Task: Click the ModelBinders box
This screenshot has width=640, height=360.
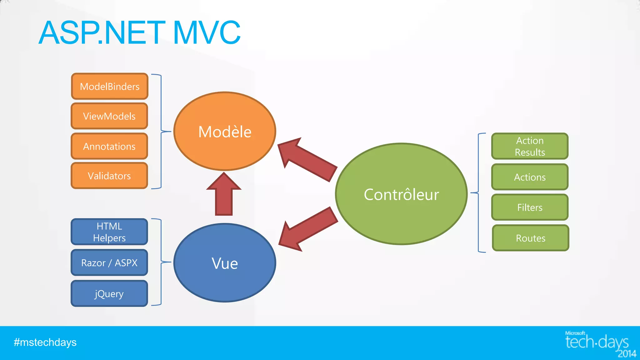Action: [109, 86]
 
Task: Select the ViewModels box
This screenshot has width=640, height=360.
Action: [109, 116]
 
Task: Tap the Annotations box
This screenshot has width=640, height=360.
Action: [109, 146]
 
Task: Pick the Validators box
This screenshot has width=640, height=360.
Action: [109, 176]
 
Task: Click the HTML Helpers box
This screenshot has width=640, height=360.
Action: [109, 232]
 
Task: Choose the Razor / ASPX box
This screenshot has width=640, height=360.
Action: [109, 262]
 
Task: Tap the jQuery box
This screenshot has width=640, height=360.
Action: [109, 293]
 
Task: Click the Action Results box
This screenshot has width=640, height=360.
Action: [530, 146]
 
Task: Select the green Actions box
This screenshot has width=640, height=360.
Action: [530, 177]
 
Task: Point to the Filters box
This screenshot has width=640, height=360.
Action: [530, 207]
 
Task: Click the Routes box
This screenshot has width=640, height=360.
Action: [530, 238]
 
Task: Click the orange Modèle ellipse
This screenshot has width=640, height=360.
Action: [225, 131]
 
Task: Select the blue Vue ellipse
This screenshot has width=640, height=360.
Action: [225, 263]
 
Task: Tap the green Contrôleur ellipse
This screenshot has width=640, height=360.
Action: [401, 194]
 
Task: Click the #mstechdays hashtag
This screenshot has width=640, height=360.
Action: [45, 342]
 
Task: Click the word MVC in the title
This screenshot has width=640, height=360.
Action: [207, 32]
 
